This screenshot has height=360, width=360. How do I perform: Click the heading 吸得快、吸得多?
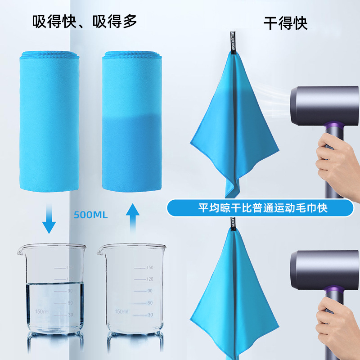85,21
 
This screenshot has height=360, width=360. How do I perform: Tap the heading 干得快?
285,22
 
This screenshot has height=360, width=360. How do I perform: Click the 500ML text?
91,215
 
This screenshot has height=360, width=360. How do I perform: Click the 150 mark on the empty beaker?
150,268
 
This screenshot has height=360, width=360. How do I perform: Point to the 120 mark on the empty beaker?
150,279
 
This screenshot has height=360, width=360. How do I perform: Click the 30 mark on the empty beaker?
150,315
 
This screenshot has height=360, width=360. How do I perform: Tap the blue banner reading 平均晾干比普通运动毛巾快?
260,208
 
